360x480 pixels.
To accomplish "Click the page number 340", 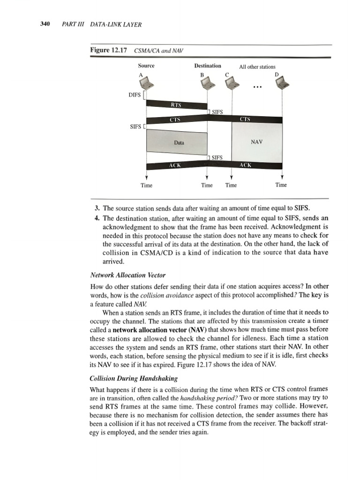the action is pos(45,24).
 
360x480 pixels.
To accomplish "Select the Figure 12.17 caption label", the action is pos(108,50).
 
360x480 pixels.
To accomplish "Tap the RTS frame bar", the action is pos(177,105).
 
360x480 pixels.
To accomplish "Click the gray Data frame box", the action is pos(177,142).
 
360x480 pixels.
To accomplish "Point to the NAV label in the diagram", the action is pos(256,142).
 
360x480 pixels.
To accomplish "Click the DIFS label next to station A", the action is pos(135,95).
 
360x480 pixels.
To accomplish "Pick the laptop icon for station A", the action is pos(146,82).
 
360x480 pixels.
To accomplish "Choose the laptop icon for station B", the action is pos(208,82).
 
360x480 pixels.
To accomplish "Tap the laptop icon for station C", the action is pos(232,82).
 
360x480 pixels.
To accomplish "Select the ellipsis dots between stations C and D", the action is pos(257,87).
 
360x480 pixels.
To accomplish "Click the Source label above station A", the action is pos(146,66).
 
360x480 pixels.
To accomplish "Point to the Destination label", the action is pos(208,66).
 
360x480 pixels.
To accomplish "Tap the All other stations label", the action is pos(257,67).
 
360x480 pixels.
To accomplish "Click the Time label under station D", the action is pos(281,185).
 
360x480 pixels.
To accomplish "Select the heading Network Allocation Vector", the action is pos(128,275).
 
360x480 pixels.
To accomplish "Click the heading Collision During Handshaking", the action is pos(134,378).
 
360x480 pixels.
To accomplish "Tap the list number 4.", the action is pos(97,218).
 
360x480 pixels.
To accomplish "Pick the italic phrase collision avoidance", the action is pos(167,295).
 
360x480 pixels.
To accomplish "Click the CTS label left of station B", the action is pos(175,120).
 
